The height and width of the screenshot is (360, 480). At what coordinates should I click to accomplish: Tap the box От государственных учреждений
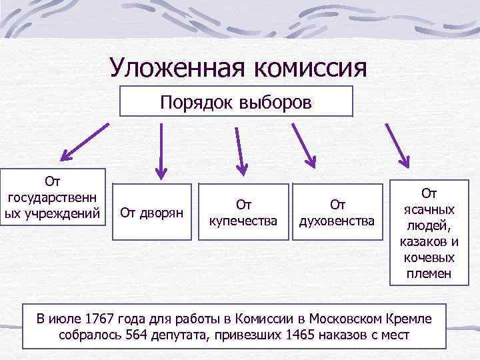(x=53, y=197)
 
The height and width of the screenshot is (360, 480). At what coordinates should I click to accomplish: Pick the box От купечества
(x=243, y=213)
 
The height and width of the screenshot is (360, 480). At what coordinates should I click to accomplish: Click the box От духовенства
(x=337, y=213)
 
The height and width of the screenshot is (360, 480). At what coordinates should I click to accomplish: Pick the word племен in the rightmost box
(x=430, y=273)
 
